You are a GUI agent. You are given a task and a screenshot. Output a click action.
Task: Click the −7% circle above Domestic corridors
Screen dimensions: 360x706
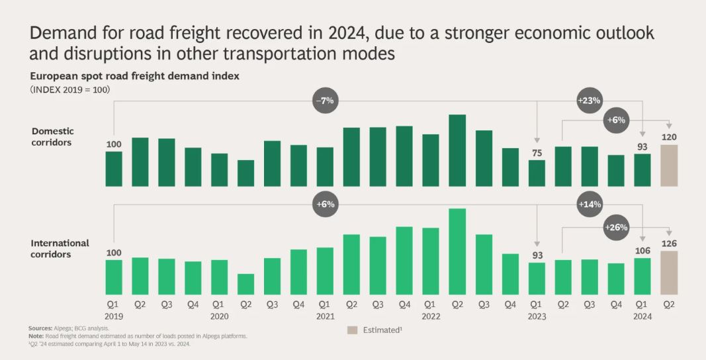click(325, 101)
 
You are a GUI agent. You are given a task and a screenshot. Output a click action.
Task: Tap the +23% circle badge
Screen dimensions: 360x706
click(589, 101)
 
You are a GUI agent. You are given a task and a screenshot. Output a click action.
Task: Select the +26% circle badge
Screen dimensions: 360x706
click(616, 228)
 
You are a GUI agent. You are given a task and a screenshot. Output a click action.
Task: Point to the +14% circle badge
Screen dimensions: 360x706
click(589, 204)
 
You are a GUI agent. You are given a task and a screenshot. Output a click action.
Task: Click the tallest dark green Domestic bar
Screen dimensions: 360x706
click(457, 150)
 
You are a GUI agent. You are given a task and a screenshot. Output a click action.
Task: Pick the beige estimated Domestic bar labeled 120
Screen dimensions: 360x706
click(669, 165)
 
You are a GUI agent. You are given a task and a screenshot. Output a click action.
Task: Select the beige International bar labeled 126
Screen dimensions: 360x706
click(669, 273)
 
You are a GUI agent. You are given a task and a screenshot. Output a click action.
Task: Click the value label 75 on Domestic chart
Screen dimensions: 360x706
click(537, 153)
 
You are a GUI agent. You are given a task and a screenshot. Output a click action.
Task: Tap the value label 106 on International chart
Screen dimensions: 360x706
click(642, 251)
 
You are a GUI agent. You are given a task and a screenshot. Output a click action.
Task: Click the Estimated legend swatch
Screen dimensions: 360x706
click(352, 330)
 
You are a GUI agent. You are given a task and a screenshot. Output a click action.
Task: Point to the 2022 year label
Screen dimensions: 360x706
click(431, 316)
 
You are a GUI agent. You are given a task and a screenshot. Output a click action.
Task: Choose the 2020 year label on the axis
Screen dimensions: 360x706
click(219, 316)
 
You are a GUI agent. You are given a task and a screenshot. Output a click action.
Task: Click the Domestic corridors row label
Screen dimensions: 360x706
click(53, 136)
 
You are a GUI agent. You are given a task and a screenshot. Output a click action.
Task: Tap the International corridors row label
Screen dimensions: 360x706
click(60, 248)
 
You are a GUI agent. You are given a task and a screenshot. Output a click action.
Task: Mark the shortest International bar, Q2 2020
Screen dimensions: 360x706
click(245, 284)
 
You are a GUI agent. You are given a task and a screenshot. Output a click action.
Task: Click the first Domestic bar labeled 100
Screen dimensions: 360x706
click(114, 169)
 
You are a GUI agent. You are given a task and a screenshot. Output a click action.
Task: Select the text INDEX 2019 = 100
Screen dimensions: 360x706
click(70, 89)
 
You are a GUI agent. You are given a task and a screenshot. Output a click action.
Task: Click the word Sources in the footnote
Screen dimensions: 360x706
click(40, 328)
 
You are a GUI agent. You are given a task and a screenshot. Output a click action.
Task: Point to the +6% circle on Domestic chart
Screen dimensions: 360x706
click(616, 120)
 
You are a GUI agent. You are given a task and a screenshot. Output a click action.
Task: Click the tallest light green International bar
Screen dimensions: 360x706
click(457, 251)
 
